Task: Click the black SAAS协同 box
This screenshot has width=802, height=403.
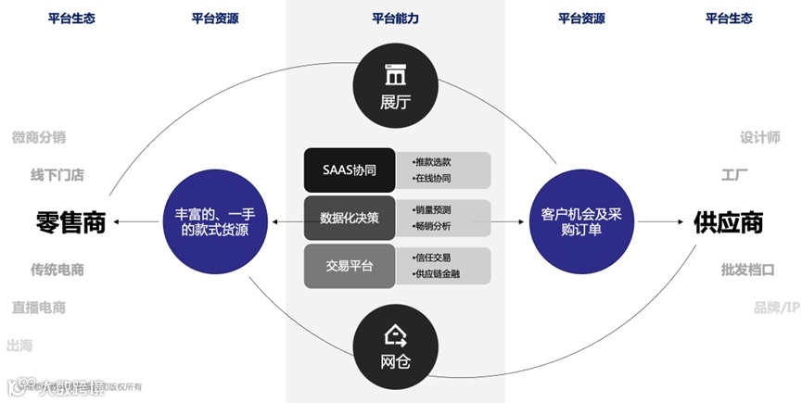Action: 349,170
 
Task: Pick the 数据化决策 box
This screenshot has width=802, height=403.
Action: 349,218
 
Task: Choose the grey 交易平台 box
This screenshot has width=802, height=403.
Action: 349,266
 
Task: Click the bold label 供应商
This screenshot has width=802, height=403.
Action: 728,222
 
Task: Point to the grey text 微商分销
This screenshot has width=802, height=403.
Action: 39,137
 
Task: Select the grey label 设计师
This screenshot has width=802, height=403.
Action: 759,137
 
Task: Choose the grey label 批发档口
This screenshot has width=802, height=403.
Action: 747,270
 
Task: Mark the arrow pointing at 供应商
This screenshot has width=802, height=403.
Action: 662,222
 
